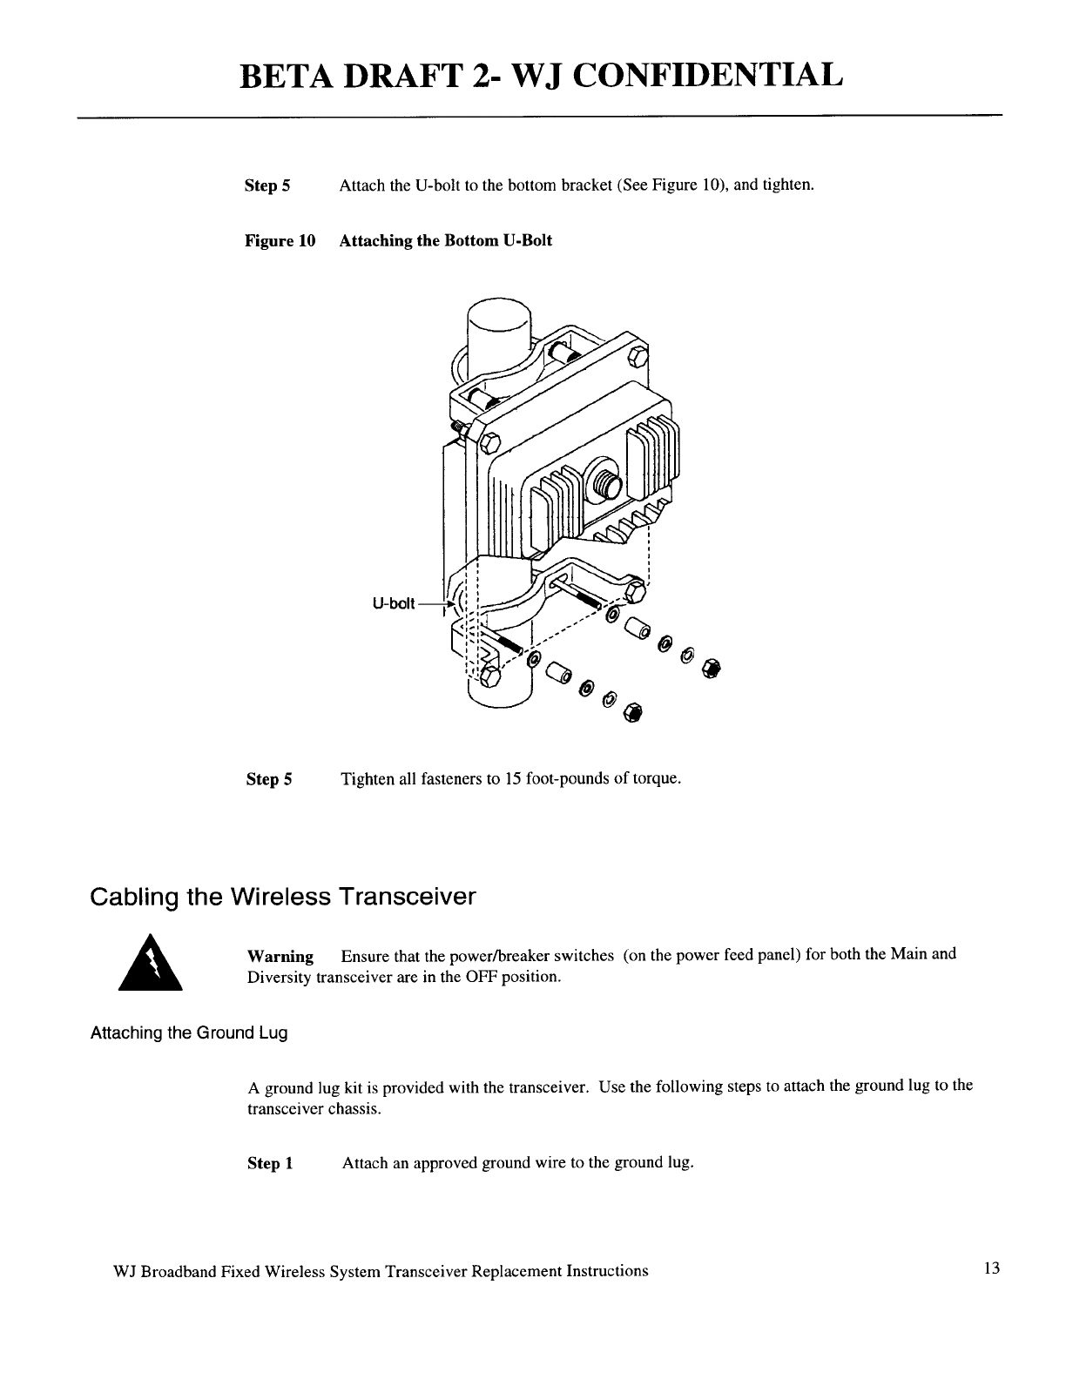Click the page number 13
point(992,1268)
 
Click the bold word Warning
point(280,955)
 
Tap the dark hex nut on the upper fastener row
point(712,668)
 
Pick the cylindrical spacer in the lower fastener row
point(557,670)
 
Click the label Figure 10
point(280,240)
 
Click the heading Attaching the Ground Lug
point(189,1033)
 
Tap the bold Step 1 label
point(270,1164)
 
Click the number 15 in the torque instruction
point(513,778)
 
